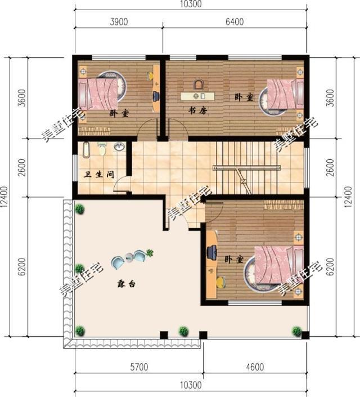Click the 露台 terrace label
[x=126, y=284]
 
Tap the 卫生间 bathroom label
[x=99, y=174]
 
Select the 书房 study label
[x=197, y=110]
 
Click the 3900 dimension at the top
[x=119, y=22]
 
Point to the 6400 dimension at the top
[x=235, y=22]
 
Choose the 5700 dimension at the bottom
[x=139, y=367]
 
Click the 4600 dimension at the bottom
[x=255, y=367]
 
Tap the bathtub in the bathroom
[x=86, y=150]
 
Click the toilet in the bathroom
[x=102, y=149]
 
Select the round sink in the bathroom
[x=119, y=147]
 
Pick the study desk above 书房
[x=197, y=96]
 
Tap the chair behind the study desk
[x=199, y=85]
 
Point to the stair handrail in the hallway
[x=247, y=167]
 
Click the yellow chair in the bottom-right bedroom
[x=220, y=282]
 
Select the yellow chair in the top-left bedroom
[x=150, y=75]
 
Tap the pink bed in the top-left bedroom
[x=98, y=94]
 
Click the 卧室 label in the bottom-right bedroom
[x=234, y=259]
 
